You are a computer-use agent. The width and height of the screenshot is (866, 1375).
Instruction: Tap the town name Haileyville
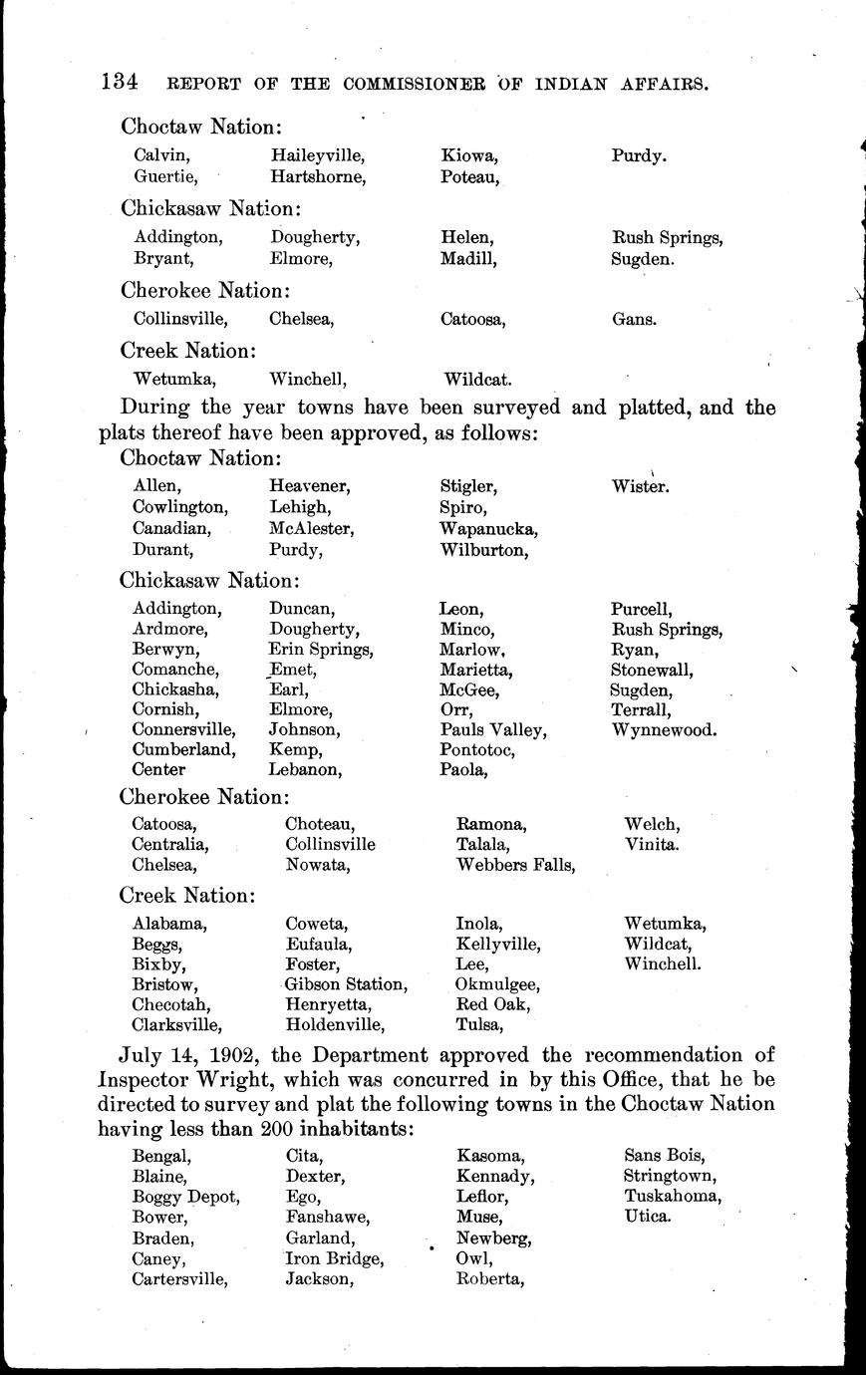pyautogui.click(x=317, y=156)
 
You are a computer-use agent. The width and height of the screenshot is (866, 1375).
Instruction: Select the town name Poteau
pyautogui.click(x=469, y=177)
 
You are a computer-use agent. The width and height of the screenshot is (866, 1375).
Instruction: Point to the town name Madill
pyautogui.click(x=467, y=259)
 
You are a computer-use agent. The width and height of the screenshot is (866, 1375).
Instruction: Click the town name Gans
pyautogui.click(x=634, y=320)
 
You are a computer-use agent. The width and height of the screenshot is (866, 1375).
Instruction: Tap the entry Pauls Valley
pyautogui.click(x=492, y=729)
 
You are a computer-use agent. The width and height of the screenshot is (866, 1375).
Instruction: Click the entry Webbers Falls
pyautogui.click(x=515, y=865)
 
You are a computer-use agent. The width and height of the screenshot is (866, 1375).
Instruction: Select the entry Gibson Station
pyautogui.click(x=345, y=984)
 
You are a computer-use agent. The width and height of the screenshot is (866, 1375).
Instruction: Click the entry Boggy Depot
pyautogui.click(x=185, y=1197)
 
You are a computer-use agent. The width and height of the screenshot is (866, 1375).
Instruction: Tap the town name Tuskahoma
pyautogui.click(x=673, y=1197)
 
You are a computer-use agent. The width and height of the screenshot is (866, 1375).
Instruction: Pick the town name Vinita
pyautogui.click(x=652, y=844)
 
